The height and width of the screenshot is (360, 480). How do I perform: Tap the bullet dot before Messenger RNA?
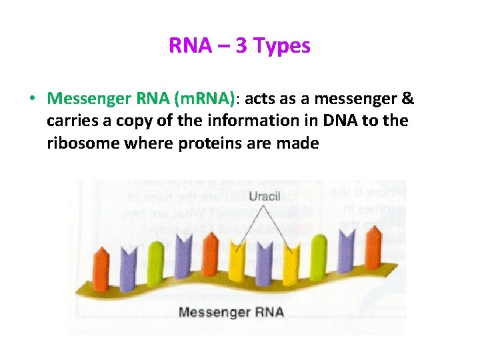[32, 99]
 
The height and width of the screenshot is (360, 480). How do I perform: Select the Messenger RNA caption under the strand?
[231, 312]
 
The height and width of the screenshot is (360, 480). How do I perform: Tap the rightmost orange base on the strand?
[370, 251]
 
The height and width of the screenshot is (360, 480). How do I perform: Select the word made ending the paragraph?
[301, 143]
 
